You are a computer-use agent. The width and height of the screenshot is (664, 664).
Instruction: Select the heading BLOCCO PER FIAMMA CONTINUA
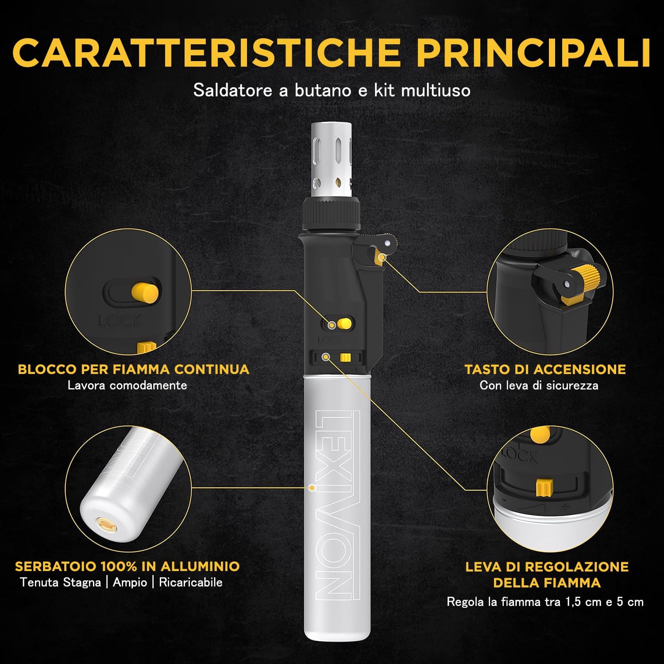(133, 369)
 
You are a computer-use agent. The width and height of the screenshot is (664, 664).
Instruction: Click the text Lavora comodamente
(127, 385)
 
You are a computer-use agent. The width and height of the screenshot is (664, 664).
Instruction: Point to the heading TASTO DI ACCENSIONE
(545, 369)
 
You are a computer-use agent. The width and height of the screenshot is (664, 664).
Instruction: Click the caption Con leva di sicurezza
(539, 385)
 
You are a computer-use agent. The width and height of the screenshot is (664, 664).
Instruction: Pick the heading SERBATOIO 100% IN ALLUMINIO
(127, 566)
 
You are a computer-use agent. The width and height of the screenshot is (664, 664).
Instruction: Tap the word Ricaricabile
(190, 582)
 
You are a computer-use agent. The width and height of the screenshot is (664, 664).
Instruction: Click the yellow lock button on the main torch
(344, 324)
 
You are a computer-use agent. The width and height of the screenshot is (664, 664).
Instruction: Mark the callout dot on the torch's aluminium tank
(312, 487)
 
